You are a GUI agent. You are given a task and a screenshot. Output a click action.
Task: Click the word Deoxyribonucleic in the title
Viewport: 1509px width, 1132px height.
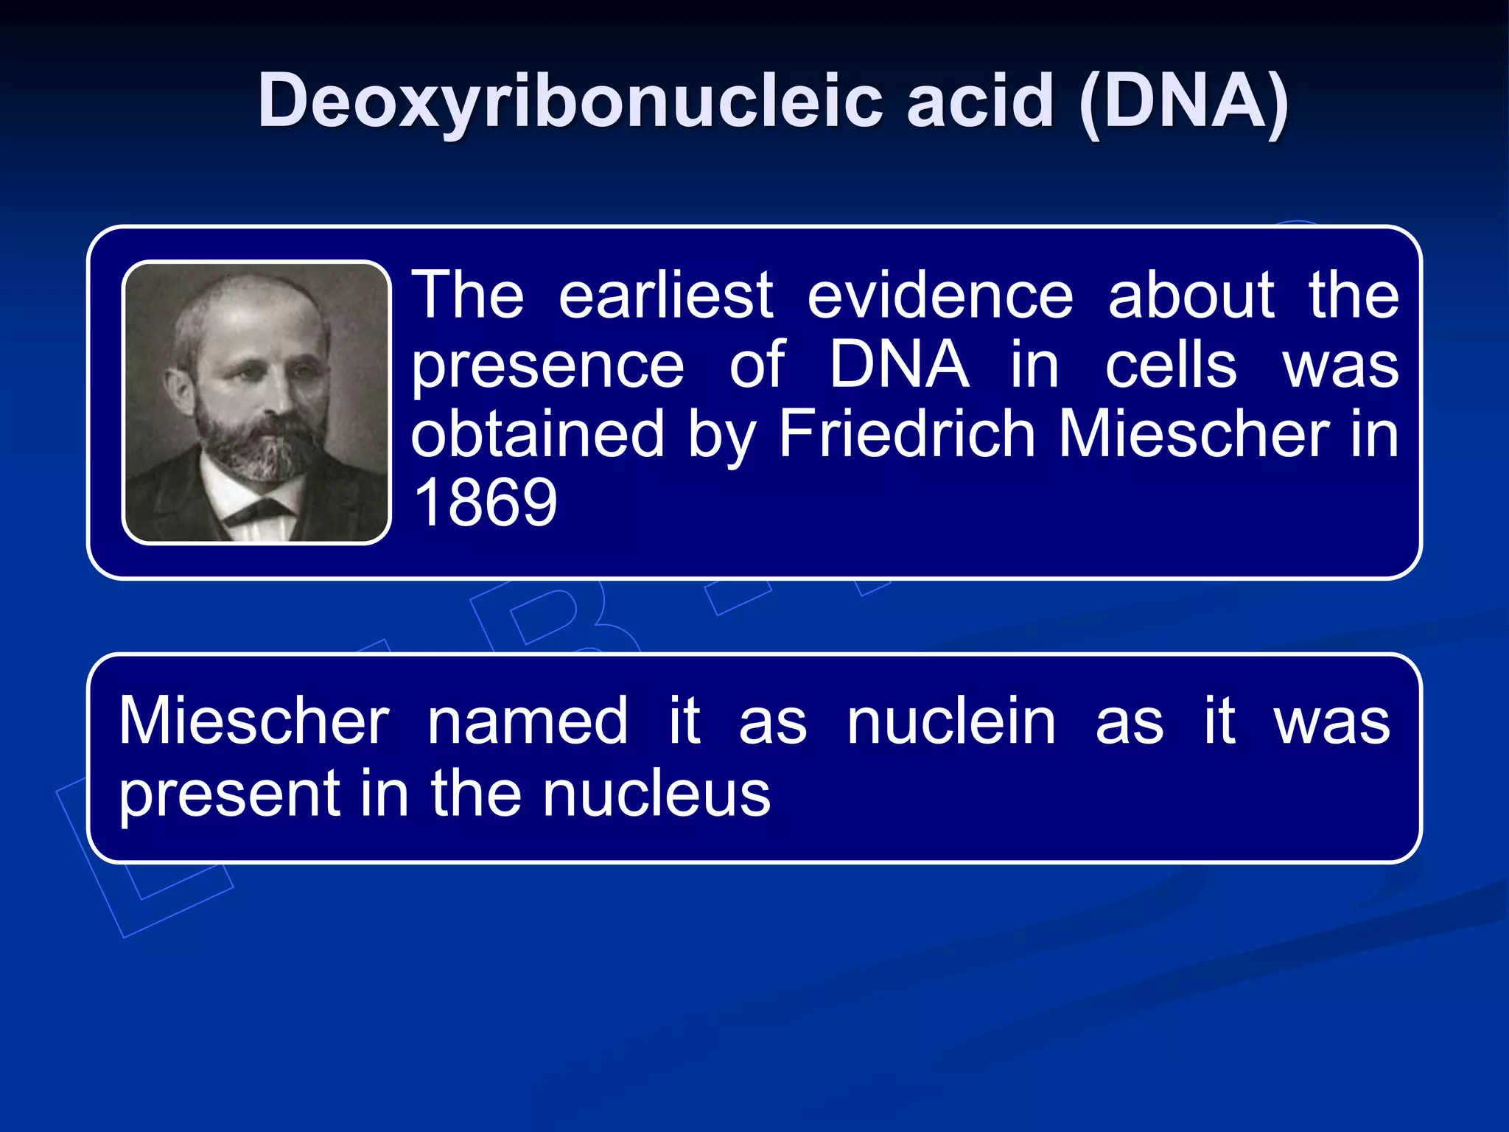point(570,102)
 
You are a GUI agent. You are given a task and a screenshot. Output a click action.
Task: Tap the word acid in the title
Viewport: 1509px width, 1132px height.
point(980,102)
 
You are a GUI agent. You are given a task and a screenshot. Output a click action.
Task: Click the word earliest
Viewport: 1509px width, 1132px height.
point(666,295)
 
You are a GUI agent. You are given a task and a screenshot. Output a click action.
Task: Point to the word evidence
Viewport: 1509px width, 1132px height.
point(940,295)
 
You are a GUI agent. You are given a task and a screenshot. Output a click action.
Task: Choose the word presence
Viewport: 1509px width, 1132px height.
point(547,366)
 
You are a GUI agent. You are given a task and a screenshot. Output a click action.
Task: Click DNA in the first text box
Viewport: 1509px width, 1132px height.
point(899,364)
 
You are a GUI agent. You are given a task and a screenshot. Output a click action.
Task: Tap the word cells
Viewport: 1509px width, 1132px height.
point(1171,366)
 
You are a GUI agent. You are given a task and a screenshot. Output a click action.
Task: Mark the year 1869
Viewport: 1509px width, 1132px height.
point(485,503)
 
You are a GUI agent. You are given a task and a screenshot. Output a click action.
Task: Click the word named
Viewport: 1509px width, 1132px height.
point(528,722)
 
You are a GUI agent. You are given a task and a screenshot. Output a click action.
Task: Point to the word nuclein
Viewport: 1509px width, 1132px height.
point(951,722)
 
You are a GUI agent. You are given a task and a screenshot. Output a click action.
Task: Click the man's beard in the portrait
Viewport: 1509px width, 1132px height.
point(254,442)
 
